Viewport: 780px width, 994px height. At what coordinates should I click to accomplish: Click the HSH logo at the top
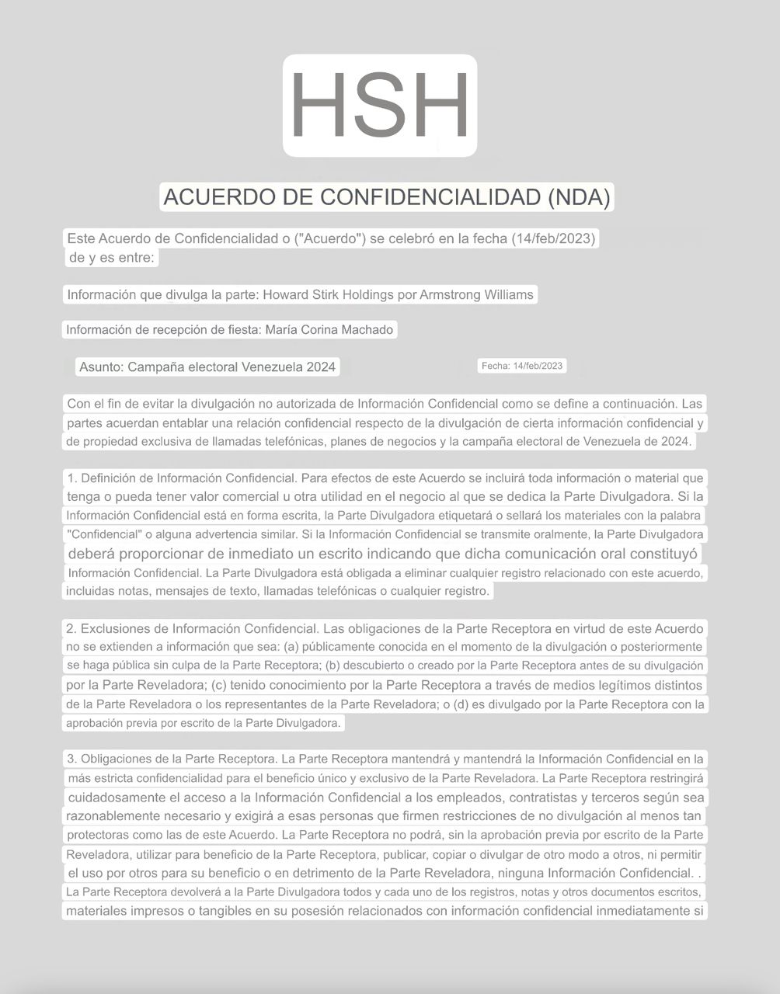[x=379, y=106]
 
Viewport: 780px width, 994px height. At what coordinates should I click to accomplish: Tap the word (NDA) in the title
[x=579, y=197]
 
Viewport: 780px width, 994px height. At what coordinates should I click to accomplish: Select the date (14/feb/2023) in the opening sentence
[x=553, y=238]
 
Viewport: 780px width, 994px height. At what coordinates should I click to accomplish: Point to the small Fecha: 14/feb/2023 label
[x=522, y=366]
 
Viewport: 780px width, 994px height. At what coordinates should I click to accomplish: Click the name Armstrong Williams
[x=476, y=294]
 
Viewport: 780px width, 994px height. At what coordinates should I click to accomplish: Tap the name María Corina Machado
[x=329, y=329]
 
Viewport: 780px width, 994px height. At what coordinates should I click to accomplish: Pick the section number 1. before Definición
[x=72, y=478]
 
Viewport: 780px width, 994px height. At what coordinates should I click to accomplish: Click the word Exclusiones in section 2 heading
[x=122, y=628]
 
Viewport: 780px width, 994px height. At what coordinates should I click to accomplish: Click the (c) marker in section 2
[x=218, y=685]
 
